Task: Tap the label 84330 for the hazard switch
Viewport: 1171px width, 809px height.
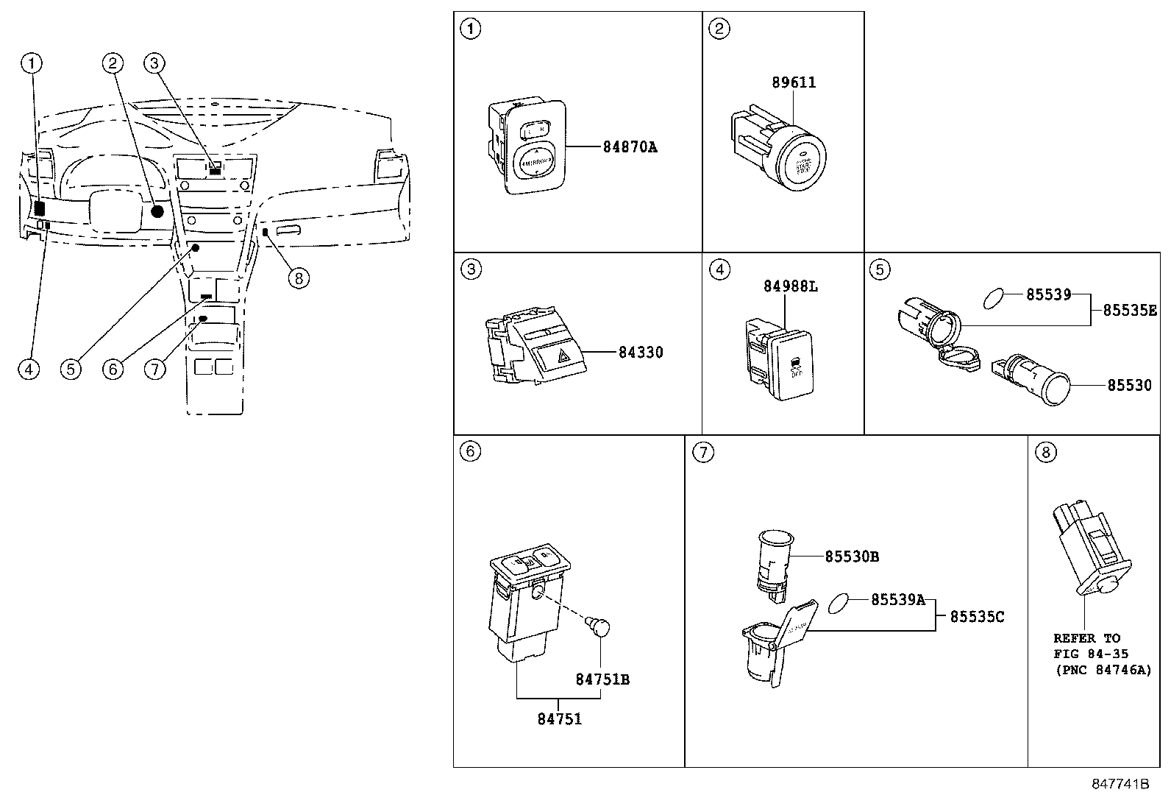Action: [640, 353]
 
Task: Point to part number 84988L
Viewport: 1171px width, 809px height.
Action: [790, 286]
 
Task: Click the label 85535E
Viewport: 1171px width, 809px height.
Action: [1129, 311]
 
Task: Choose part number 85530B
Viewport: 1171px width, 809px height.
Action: [851, 557]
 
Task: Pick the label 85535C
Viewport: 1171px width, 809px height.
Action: [976, 617]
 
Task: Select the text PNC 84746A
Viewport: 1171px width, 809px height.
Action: [1102, 670]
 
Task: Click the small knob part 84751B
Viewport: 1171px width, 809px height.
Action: [600, 627]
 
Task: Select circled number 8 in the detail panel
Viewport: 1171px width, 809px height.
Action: [1044, 452]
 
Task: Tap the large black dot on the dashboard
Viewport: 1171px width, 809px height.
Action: [156, 212]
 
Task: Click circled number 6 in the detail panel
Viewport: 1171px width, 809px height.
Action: [470, 452]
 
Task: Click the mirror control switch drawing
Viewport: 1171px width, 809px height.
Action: [531, 147]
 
